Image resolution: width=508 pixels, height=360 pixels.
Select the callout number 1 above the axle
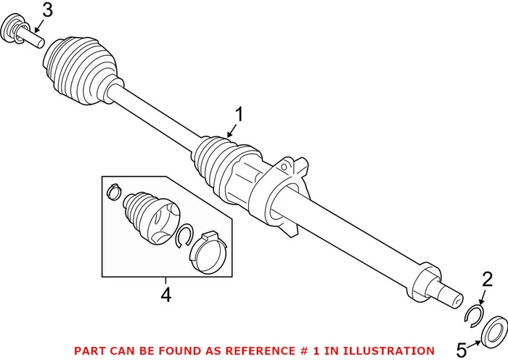(239, 114)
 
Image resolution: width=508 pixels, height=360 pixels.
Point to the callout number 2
(487, 279)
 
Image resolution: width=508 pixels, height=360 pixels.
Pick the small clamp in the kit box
(113, 192)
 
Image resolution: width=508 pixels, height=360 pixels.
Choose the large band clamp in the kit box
(206, 250)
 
